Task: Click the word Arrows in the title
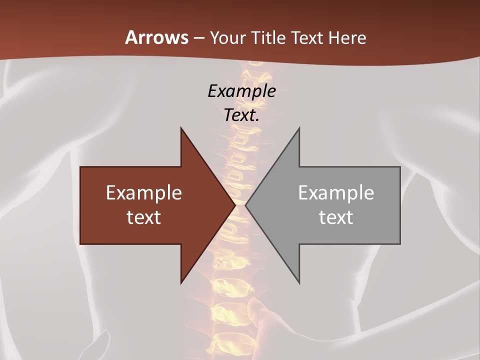tap(156, 37)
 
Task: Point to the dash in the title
tap(198, 38)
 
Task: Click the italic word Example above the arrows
tap(241, 91)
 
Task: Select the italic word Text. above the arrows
tap(241, 115)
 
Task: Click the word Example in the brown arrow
tap(144, 193)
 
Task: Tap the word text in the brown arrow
tap(144, 217)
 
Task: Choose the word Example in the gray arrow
tap(336, 193)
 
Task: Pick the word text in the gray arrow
tap(336, 217)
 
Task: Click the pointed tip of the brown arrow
tap(234, 205)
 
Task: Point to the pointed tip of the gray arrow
tap(246, 205)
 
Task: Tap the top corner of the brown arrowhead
tap(181, 128)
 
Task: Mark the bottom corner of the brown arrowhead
tap(181, 283)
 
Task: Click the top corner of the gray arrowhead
tap(299, 128)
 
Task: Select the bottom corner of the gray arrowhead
tap(299, 283)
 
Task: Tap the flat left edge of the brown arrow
tap(80, 205)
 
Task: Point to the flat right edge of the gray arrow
tap(400, 205)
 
